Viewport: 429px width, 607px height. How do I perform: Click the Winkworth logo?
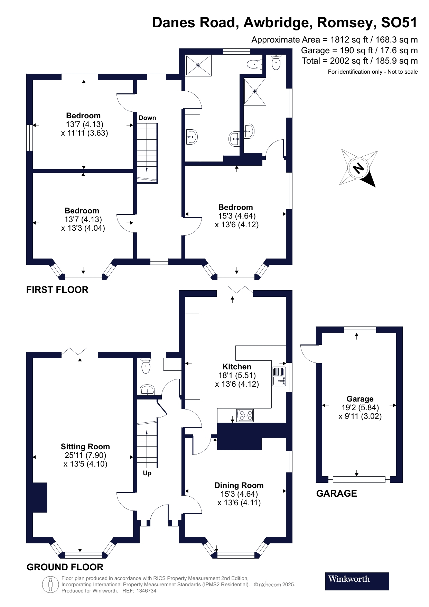[357, 581]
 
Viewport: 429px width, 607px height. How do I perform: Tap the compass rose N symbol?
[358, 168]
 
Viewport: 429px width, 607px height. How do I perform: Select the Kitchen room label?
[237, 367]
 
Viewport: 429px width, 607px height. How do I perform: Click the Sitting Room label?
[85, 447]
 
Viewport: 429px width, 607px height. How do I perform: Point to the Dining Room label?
[239, 485]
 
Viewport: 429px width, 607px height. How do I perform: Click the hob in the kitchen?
[245, 415]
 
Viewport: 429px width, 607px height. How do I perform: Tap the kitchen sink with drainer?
[279, 376]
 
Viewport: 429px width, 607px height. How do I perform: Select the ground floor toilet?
[146, 366]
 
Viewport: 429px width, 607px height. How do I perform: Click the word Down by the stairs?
[147, 118]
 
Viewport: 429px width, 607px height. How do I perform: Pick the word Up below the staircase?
[147, 473]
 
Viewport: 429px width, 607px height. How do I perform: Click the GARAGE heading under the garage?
[336, 494]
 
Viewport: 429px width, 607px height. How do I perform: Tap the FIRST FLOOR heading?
[57, 290]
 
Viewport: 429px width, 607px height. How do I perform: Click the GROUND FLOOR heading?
[65, 567]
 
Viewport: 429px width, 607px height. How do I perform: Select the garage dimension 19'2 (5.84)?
[360, 407]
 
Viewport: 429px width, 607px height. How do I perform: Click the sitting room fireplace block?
[39, 497]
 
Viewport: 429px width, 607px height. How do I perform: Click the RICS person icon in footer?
[50, 585]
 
